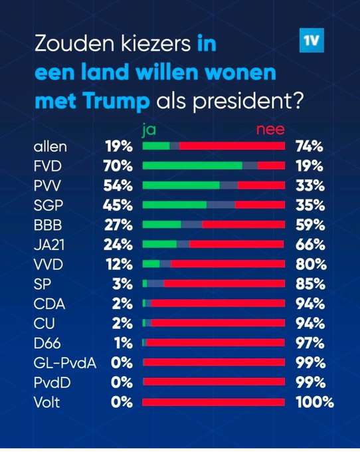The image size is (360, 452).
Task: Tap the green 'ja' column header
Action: point(149,130)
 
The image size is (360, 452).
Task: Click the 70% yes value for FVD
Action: point(118,166)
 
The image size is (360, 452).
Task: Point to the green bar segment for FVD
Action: point(193,166)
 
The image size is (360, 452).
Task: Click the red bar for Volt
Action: point(214,402)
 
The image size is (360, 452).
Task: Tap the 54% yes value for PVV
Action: point(118,185)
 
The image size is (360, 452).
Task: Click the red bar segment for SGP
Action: point(259,205)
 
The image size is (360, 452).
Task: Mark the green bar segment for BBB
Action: point(161,225)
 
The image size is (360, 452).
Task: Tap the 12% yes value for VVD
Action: point(118,264)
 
